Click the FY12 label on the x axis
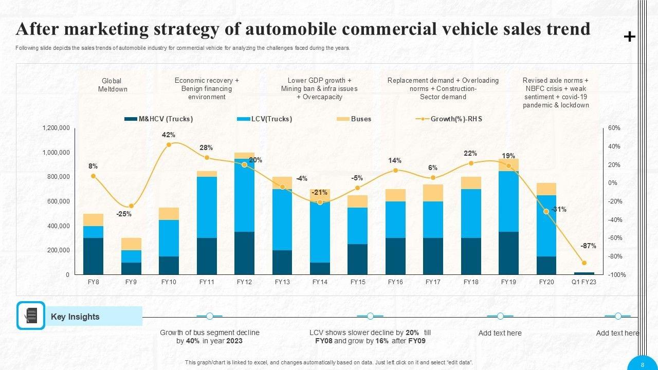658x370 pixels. tap(244, 282)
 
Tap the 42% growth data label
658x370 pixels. tap(169, 135)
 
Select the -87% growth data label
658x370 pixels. tap(589, 246)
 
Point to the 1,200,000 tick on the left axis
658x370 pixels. tap(56, 128)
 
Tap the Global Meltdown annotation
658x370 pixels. tap(112, 85)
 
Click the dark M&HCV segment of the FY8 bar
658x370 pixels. tap(93, 256)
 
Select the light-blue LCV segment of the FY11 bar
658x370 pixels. tap(207, 207)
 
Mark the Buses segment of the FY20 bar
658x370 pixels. tap(546, 189)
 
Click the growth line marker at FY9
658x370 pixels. tap(131, 206)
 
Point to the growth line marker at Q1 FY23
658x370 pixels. tap(584, 263)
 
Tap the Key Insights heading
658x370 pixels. tap(75, 317)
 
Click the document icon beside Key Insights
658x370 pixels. tap(31, 316)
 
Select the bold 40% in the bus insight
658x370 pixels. tap(193, 341)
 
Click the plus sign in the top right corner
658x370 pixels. tap(629, 36)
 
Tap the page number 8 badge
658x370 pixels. tap(643, 364)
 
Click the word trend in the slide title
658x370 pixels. tap(566, 29)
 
